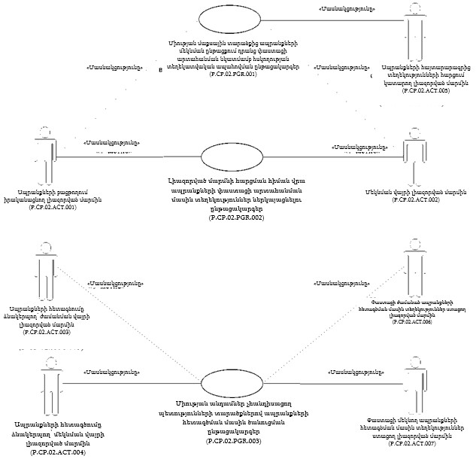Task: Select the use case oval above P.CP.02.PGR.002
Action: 235,158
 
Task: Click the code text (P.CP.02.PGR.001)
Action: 235,74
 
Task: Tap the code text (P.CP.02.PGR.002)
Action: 236,217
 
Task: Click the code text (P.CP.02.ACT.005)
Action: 426,90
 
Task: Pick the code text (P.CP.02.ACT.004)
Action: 57,453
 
